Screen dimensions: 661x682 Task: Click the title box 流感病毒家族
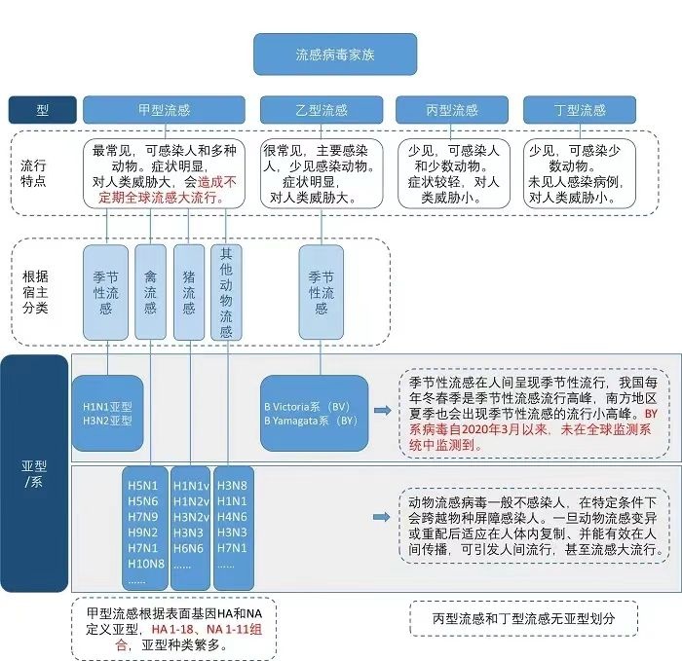[334, 55]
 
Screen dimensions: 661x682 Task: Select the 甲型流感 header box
[163, 110]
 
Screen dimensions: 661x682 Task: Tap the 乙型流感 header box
[321, 110]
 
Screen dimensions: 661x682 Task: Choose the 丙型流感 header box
[451, 110]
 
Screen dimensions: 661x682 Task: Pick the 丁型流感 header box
[579, 110]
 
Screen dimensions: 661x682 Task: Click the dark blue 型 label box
[42, 110]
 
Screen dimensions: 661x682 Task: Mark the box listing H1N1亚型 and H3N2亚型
[107, 412]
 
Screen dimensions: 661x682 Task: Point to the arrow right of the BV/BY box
[381, 411]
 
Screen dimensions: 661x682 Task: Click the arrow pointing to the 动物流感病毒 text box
[381, 517]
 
